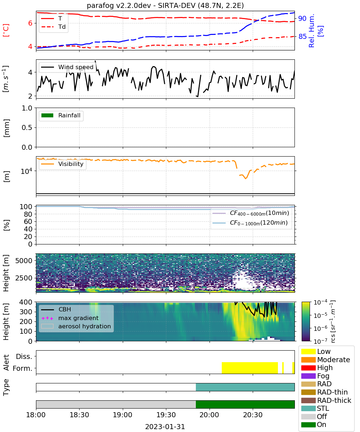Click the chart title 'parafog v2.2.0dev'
pyautogui.click(x=119, y=5)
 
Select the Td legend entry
pyautogui.click(x=53, y=27)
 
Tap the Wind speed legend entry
pyautogui.click(x=67, y=67)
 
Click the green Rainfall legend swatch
pyautogui.click(x=48, y=115)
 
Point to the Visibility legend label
pyautogui.click(x=71, y=164)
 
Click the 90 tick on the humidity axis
pyautogui.click(x=302, y=18)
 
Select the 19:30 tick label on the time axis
pyautogui.click(x=166, y=415)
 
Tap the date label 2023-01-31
pyautogui.click(x=165, y=427)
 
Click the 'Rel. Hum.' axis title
pyautogui.click(x=311, y=31)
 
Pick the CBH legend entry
pyautogui.click(x=56, y=309)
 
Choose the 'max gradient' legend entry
pyautogui.click(x=70, y=318)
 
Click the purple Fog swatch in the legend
pyautogui.click(x=308, y=376)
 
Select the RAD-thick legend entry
pyautogui.click(x=326, y=400)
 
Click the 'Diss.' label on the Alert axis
pyautogui.click(x=24, y=356)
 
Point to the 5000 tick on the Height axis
pyautogui.click(x=24, y=261)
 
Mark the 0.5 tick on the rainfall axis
pyautogui.click(x=27, y=127)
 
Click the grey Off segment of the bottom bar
pyautogui.click(x=116, y=404)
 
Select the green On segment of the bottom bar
pyautogui.click(x=245, y=404)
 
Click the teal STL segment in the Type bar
pyautogui.click(x=245, y=387)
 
